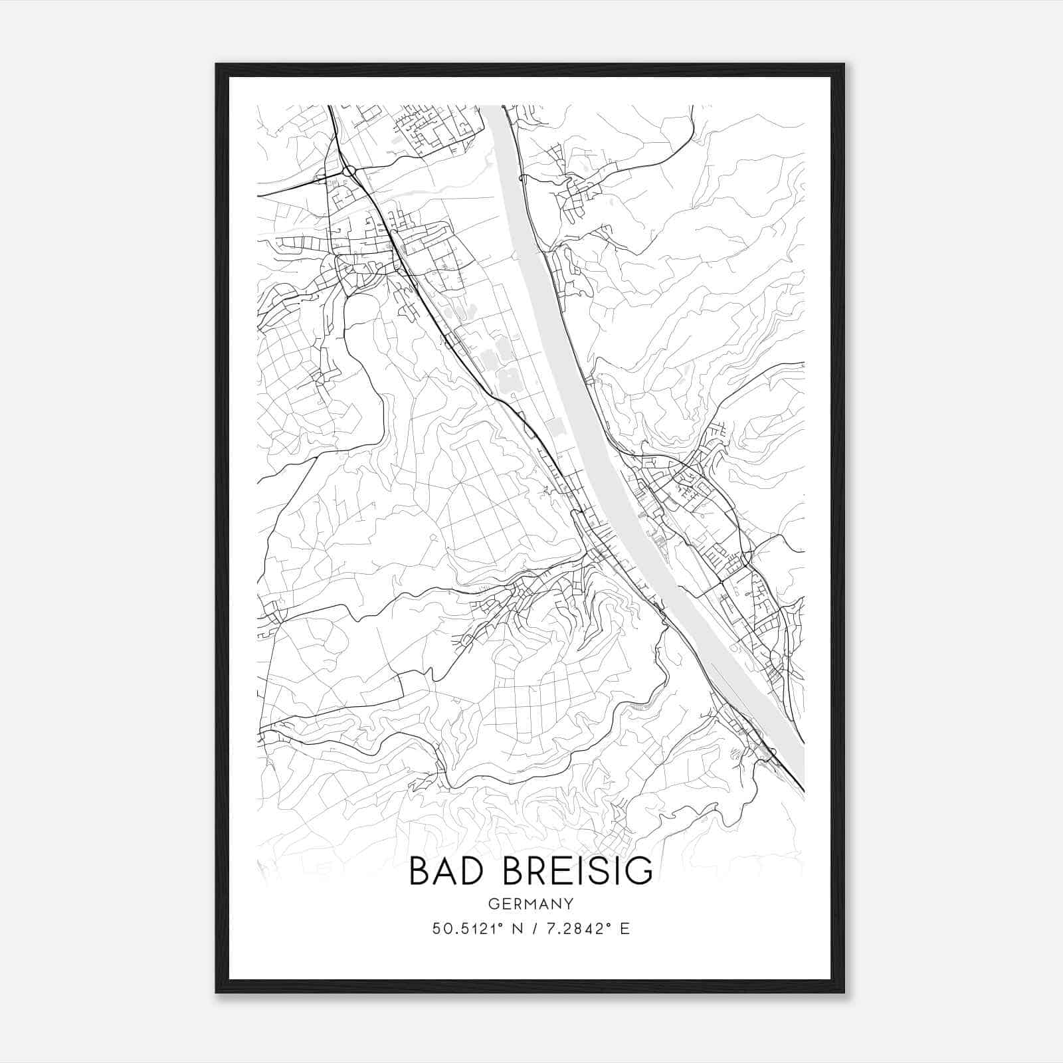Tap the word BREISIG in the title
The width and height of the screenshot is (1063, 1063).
point(578,871)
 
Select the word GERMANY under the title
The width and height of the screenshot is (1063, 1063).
point(530,904)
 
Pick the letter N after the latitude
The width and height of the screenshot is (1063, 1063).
point(512,929)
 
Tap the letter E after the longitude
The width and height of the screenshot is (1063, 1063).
point(625,929)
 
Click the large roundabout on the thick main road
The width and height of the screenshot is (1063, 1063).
point(349,171)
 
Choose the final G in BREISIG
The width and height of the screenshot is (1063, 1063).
point(637,871)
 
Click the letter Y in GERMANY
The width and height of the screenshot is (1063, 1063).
point(567,904)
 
